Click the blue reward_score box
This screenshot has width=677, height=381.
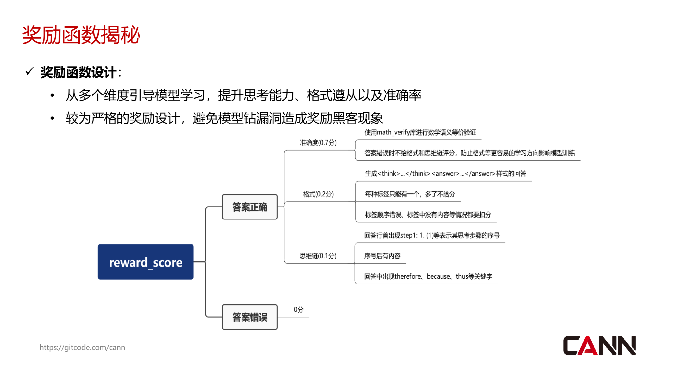tap(145, 262)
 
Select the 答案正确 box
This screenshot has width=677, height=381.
tap(249, 207)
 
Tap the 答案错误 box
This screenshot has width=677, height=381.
tap(249, 317)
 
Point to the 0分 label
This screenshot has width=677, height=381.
tap(298, 310)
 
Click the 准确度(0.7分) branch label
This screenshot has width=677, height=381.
tap(318, 143)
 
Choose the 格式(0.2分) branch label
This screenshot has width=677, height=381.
tap(318, 194)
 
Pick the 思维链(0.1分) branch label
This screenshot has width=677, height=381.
tap(318, 256)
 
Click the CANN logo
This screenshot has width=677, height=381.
tap(599, 346)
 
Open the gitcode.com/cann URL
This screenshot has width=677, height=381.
tap(82, 347)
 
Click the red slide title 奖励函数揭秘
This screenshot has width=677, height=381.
tap(81, 35)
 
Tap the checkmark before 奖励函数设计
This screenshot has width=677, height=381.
tap(29, 71)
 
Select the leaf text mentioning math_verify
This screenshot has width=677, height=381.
tap(420, 132)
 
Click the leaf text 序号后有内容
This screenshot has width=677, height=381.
tap(382, 256)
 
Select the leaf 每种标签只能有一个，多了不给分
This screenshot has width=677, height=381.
tap(410, 194)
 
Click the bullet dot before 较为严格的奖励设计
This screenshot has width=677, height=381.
tap(52, 118)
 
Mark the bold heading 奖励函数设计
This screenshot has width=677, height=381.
tap(78, 72)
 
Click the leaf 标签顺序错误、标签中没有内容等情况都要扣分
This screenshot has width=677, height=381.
tap(428, 215)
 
